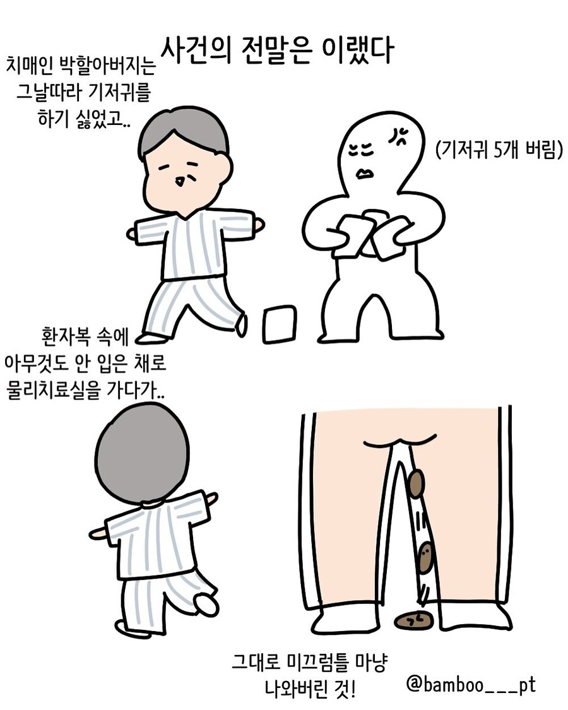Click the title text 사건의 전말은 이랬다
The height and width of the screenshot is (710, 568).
(x=277, y=50)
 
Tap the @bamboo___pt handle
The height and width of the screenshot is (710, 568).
(x=470, y=684)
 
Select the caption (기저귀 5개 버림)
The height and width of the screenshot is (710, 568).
(x=498, y=151)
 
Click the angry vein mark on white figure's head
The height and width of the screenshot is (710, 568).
(x=398, y=134)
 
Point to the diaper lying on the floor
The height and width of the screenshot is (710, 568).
(x=279, y=324)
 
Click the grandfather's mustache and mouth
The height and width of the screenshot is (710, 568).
(x=181, y=181)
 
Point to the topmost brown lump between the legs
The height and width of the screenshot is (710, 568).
(x=417, y=483)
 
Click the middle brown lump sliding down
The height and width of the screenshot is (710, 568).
(x=426, y=555)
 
